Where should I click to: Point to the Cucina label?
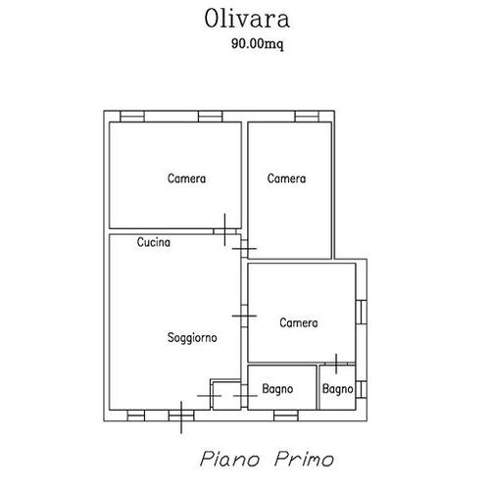(x=155, y=242)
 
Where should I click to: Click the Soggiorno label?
(x=192, y=336)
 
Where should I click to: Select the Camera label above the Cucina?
(x=186, y=178)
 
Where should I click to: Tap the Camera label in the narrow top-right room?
(x=287, y=178)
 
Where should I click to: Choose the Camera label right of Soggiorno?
(x=298, y=322)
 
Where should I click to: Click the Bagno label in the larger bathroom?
(x=278, y=390)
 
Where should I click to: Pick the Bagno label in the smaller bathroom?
(x=337, y=390)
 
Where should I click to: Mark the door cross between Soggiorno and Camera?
(x=243, y=316)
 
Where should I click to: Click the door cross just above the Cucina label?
(x=225, y=230)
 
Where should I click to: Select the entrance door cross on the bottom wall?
(x=182, y=416)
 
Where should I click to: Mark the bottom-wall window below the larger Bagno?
(x=284, y=414)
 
